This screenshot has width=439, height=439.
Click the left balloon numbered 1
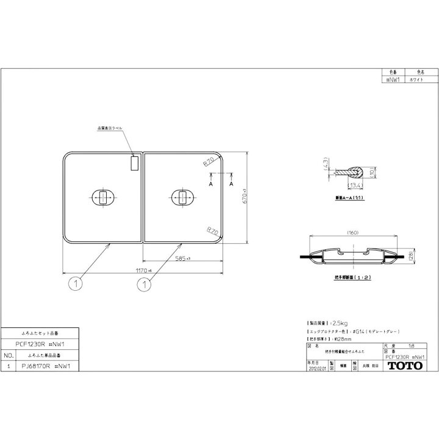pyautogui.click(x=71, y=283)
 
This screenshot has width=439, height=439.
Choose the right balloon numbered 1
pyautogui.click(x=144, y=283)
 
